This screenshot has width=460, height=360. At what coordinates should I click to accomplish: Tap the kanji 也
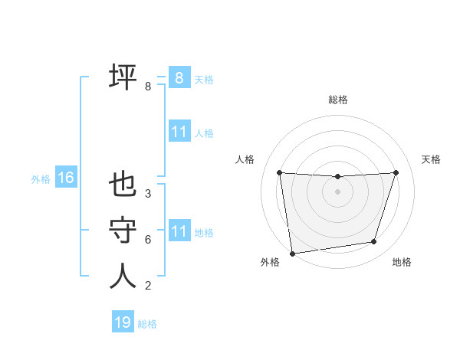123,185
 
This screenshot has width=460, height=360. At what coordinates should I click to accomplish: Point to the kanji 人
123,276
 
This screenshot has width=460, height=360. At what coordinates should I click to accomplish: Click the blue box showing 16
65,178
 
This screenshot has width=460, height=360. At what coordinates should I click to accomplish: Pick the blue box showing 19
122,322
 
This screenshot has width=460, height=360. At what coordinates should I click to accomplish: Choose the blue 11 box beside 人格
179,132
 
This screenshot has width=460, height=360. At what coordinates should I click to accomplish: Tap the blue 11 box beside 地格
179,231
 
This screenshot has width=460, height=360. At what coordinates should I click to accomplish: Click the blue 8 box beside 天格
179,78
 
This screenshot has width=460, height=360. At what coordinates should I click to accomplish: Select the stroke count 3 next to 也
147,194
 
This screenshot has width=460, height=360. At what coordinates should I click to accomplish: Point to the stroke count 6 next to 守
147,240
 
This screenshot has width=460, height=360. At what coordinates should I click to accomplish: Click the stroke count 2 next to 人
147,286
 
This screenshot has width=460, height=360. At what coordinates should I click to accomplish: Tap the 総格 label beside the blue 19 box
147,324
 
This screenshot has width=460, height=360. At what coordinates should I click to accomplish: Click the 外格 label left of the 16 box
41,179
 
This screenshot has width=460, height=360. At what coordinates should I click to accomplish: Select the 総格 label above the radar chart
337,100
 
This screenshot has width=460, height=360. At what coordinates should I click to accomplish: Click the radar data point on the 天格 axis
396,172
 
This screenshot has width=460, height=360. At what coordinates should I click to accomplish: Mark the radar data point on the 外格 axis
292,254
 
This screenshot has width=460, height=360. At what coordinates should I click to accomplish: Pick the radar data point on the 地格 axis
374,242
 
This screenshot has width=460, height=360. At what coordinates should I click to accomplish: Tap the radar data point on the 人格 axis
279,172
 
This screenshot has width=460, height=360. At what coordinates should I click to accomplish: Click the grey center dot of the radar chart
337,191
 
